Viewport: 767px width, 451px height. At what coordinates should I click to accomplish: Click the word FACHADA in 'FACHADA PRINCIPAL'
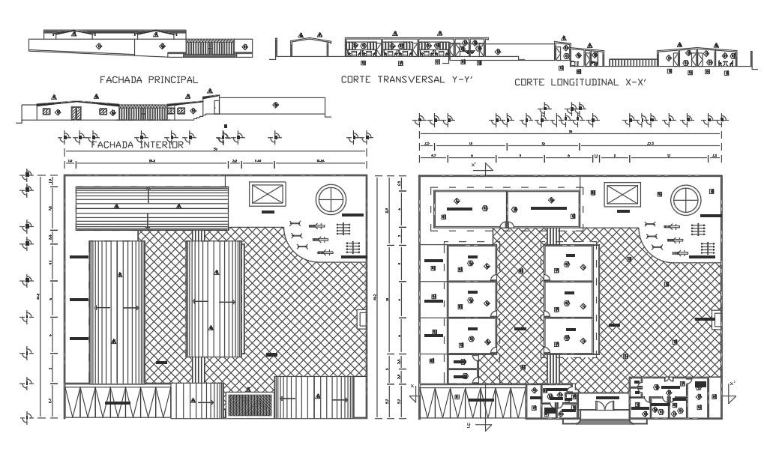(x=121, y=79)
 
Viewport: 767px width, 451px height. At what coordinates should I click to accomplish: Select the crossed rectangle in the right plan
(x=623, y=194)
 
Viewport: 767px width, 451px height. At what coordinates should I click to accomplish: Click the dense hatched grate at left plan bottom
(x=250, y=405)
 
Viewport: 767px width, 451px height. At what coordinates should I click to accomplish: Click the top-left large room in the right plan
(x=469, y=206)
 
